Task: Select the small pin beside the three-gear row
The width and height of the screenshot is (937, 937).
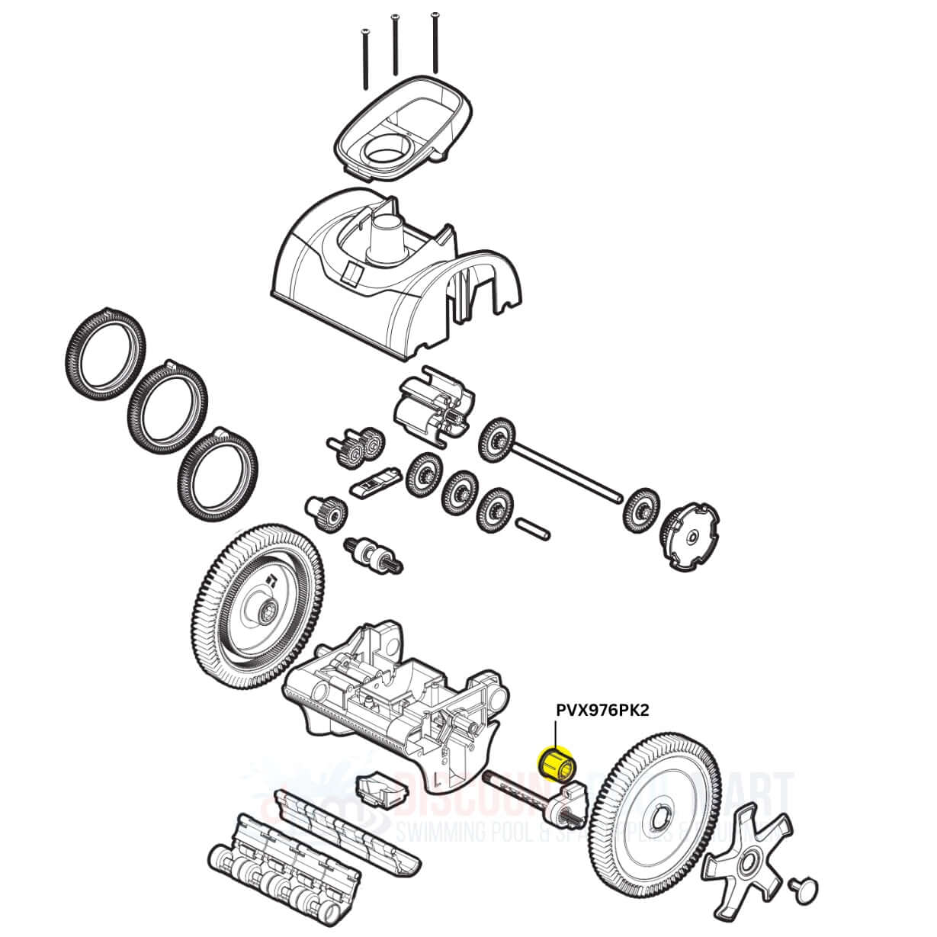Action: point(532,525)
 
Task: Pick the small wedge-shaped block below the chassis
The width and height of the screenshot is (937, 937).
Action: point(378,792)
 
